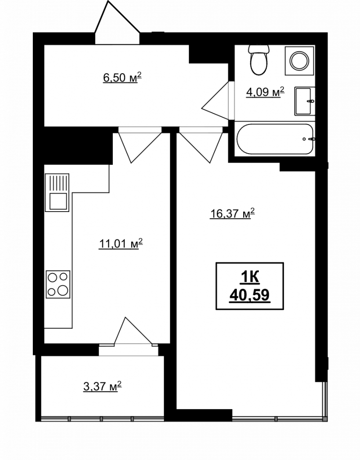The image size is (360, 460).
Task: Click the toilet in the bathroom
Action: click(x=258, y=59)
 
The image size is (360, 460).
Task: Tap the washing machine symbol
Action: click(x=300, y=61)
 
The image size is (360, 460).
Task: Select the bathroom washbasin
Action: click(x=305, y=101)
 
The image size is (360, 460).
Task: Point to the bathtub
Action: click(x=275, y=139)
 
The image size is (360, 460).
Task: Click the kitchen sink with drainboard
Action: click(x=57, y=192)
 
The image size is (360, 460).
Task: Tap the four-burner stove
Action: click(x=58, y=284)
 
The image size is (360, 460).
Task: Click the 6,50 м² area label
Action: click(x=122, y=78)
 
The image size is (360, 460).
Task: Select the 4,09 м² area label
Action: click(x=265, y=92)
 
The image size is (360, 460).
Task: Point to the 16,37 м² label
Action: click(x=232, y=213)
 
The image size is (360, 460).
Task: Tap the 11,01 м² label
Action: click(x=121, y=243)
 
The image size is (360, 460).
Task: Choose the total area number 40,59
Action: click(x=250, y=296)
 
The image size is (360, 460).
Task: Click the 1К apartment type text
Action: click(x=250, y=277)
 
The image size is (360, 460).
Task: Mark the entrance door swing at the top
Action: click(x=117, y=22)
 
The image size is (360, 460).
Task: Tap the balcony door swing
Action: click(x=133, y=332)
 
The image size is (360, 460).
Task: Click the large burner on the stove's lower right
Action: click(x=63, y=291)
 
